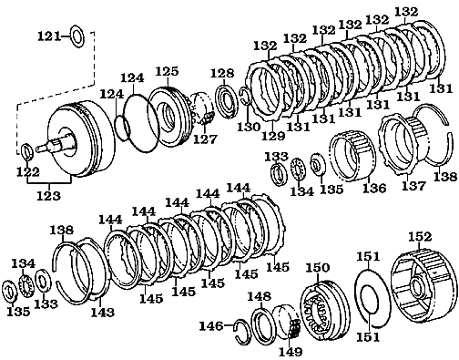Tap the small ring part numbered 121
[77, 36]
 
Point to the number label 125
[166, 70]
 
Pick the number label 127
[205, 139]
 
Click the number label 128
[221, 73]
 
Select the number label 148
[260, 296]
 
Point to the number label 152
[419, 237]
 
